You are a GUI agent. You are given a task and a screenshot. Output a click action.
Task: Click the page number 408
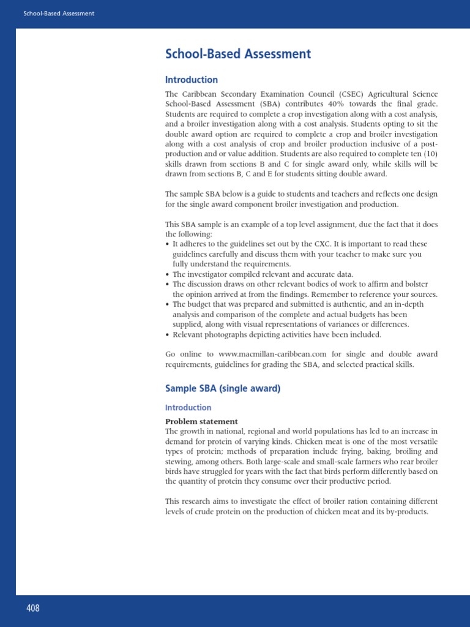pos(32,608)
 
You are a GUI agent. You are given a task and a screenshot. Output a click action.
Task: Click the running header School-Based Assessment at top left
pos(59,13)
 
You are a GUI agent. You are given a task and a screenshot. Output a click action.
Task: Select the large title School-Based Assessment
pos(238,54)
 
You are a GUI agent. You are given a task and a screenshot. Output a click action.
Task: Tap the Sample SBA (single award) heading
pos(223,389)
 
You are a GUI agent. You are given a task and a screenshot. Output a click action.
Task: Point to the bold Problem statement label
pos(201,421)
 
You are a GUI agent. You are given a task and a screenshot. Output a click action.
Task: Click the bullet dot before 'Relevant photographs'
pos(168,335)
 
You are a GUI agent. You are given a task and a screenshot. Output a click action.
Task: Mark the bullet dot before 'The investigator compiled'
pos(168,274)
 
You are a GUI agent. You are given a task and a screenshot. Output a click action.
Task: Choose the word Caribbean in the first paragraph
pos(202,94)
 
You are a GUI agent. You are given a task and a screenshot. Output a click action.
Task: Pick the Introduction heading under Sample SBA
pos(188,407)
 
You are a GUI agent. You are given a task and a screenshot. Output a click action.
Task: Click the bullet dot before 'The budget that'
pos(168,304)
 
